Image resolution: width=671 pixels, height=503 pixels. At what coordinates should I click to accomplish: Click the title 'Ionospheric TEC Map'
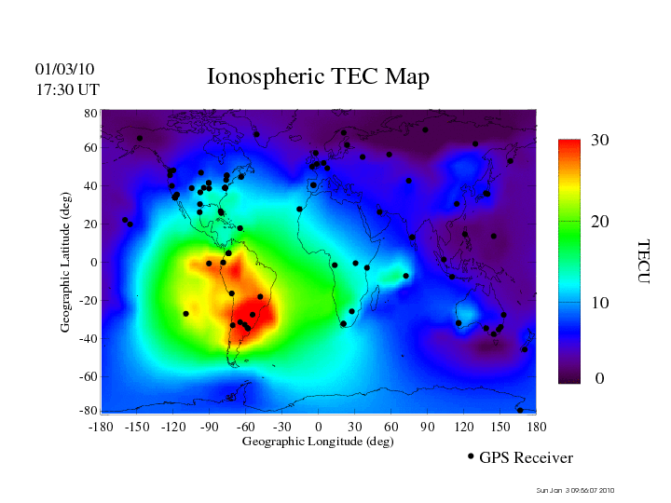tap(318, 76)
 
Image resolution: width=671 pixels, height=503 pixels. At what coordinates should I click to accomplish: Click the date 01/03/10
tap(64, 69)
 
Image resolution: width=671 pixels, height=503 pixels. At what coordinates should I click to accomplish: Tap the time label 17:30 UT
tap(68, 89)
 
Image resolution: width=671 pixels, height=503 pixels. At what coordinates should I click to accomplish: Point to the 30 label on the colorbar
tap(600, 141)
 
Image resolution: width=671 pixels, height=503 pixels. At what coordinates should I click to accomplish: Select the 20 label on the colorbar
tap(600, 222)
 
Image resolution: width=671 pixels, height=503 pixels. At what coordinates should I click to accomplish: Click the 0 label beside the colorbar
tap(600, 379)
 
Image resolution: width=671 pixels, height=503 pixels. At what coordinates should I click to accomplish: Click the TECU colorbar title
tap(643, 262)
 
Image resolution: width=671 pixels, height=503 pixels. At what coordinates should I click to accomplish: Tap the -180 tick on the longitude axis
tap(100, 426)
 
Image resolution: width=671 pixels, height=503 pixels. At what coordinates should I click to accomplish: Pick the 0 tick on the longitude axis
tap(319, 426)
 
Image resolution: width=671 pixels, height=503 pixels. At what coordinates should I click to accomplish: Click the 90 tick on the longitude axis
tap(428, 426)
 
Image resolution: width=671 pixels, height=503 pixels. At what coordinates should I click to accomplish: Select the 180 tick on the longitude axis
tap(537, 426)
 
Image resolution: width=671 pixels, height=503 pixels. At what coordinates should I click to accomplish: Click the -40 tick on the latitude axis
tap(89, 338)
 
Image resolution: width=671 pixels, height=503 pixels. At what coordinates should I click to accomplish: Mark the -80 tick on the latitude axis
tap(89, 411)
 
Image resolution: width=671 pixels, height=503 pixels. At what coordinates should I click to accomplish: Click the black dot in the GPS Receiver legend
tap(471, 456)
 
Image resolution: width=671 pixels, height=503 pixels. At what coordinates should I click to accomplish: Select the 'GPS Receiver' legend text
tap(526, 458)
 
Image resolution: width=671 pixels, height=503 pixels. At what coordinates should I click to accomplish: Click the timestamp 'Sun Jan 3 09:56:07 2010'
tap(575, 491)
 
